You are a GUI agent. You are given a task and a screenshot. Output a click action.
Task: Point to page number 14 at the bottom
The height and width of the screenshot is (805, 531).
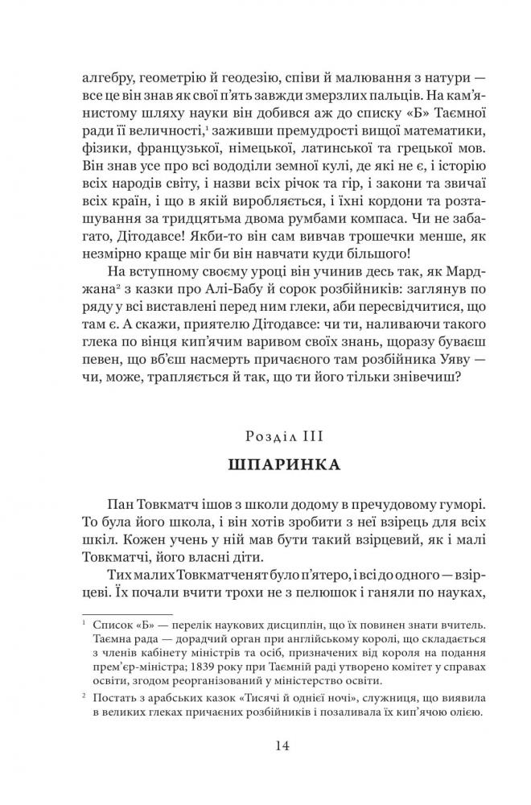point(265,745)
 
